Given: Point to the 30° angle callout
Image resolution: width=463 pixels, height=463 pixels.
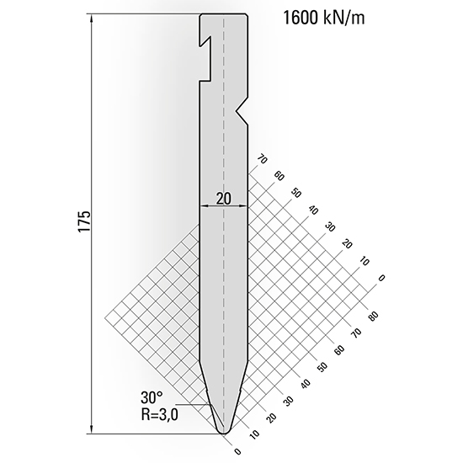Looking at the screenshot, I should click(x=152, y=397).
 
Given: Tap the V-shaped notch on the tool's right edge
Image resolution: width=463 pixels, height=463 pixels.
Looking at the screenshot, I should click(x=242, y=109).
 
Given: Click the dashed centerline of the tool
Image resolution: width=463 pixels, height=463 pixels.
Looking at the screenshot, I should click(x=224, y=253).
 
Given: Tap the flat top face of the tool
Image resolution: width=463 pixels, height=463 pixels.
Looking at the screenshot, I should click(x=224, y=14).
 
